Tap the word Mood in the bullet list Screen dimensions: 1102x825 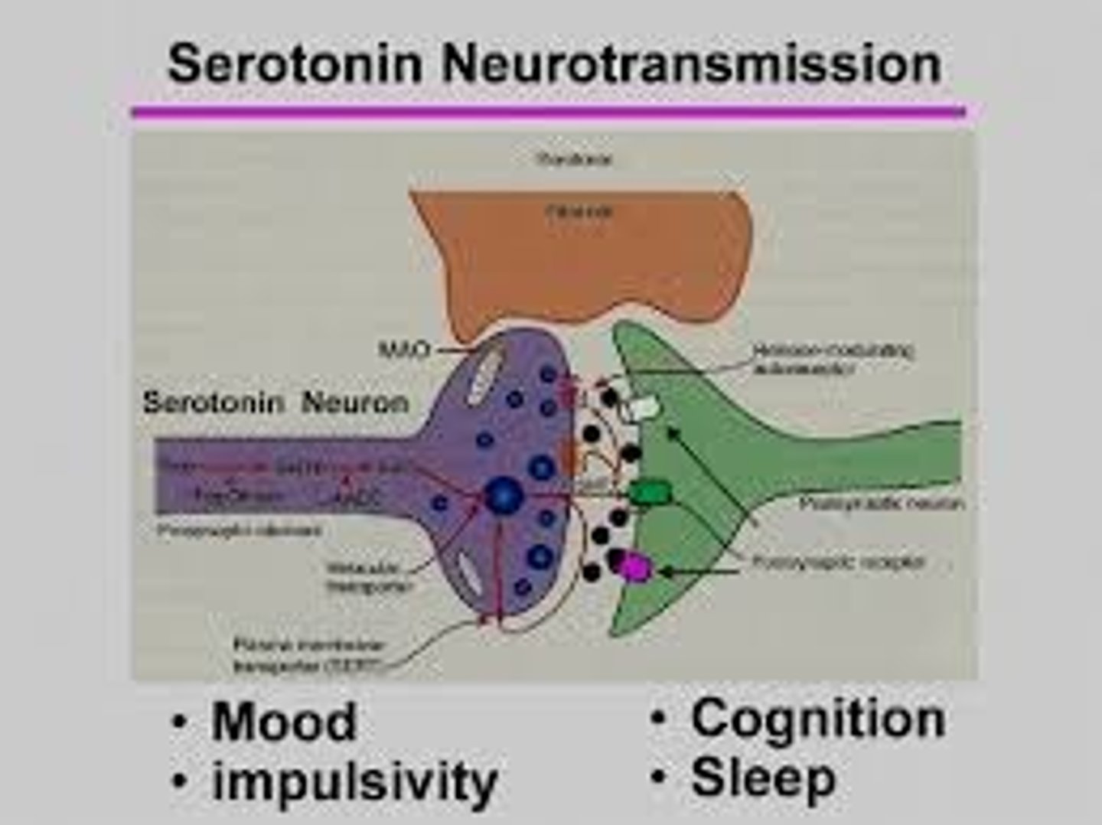point(284,722)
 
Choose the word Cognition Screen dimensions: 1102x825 point(817,719)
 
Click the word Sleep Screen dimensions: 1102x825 point(762,778)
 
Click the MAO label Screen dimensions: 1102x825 point(404,351)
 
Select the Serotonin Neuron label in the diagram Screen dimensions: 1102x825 point(275,403)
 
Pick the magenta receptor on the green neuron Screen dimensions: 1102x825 point(634,566)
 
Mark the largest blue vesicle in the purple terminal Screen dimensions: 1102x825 point(505,496)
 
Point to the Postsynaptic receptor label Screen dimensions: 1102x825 point(839,562)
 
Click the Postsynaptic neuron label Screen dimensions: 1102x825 point(881,504)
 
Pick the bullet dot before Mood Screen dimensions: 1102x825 point(179,722)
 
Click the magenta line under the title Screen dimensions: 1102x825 point(548,112)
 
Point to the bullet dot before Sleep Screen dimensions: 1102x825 point(658,778)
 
